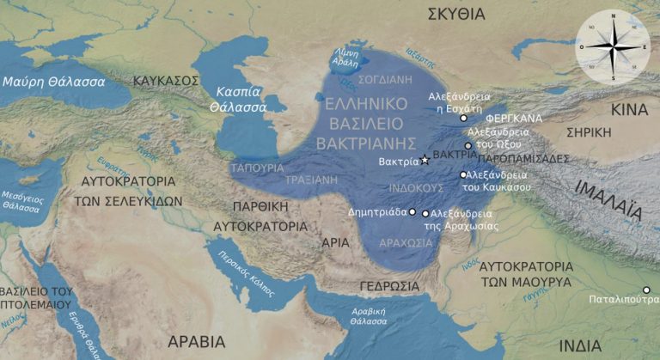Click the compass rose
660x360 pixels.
tap(612, 47)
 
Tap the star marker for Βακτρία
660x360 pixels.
tap(425, 161)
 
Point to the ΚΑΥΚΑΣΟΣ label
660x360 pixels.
tap(166, 80)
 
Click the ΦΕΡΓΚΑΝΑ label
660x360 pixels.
tap(512, 118)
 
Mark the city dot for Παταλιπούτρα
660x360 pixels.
tap(646, 290)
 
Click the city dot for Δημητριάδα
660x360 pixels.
tap(412, 211)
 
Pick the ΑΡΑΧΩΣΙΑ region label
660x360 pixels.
tap(406, 243)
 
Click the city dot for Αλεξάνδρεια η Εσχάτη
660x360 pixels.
tap(464, 118)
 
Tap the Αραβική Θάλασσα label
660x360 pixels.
tap(369, 319)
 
